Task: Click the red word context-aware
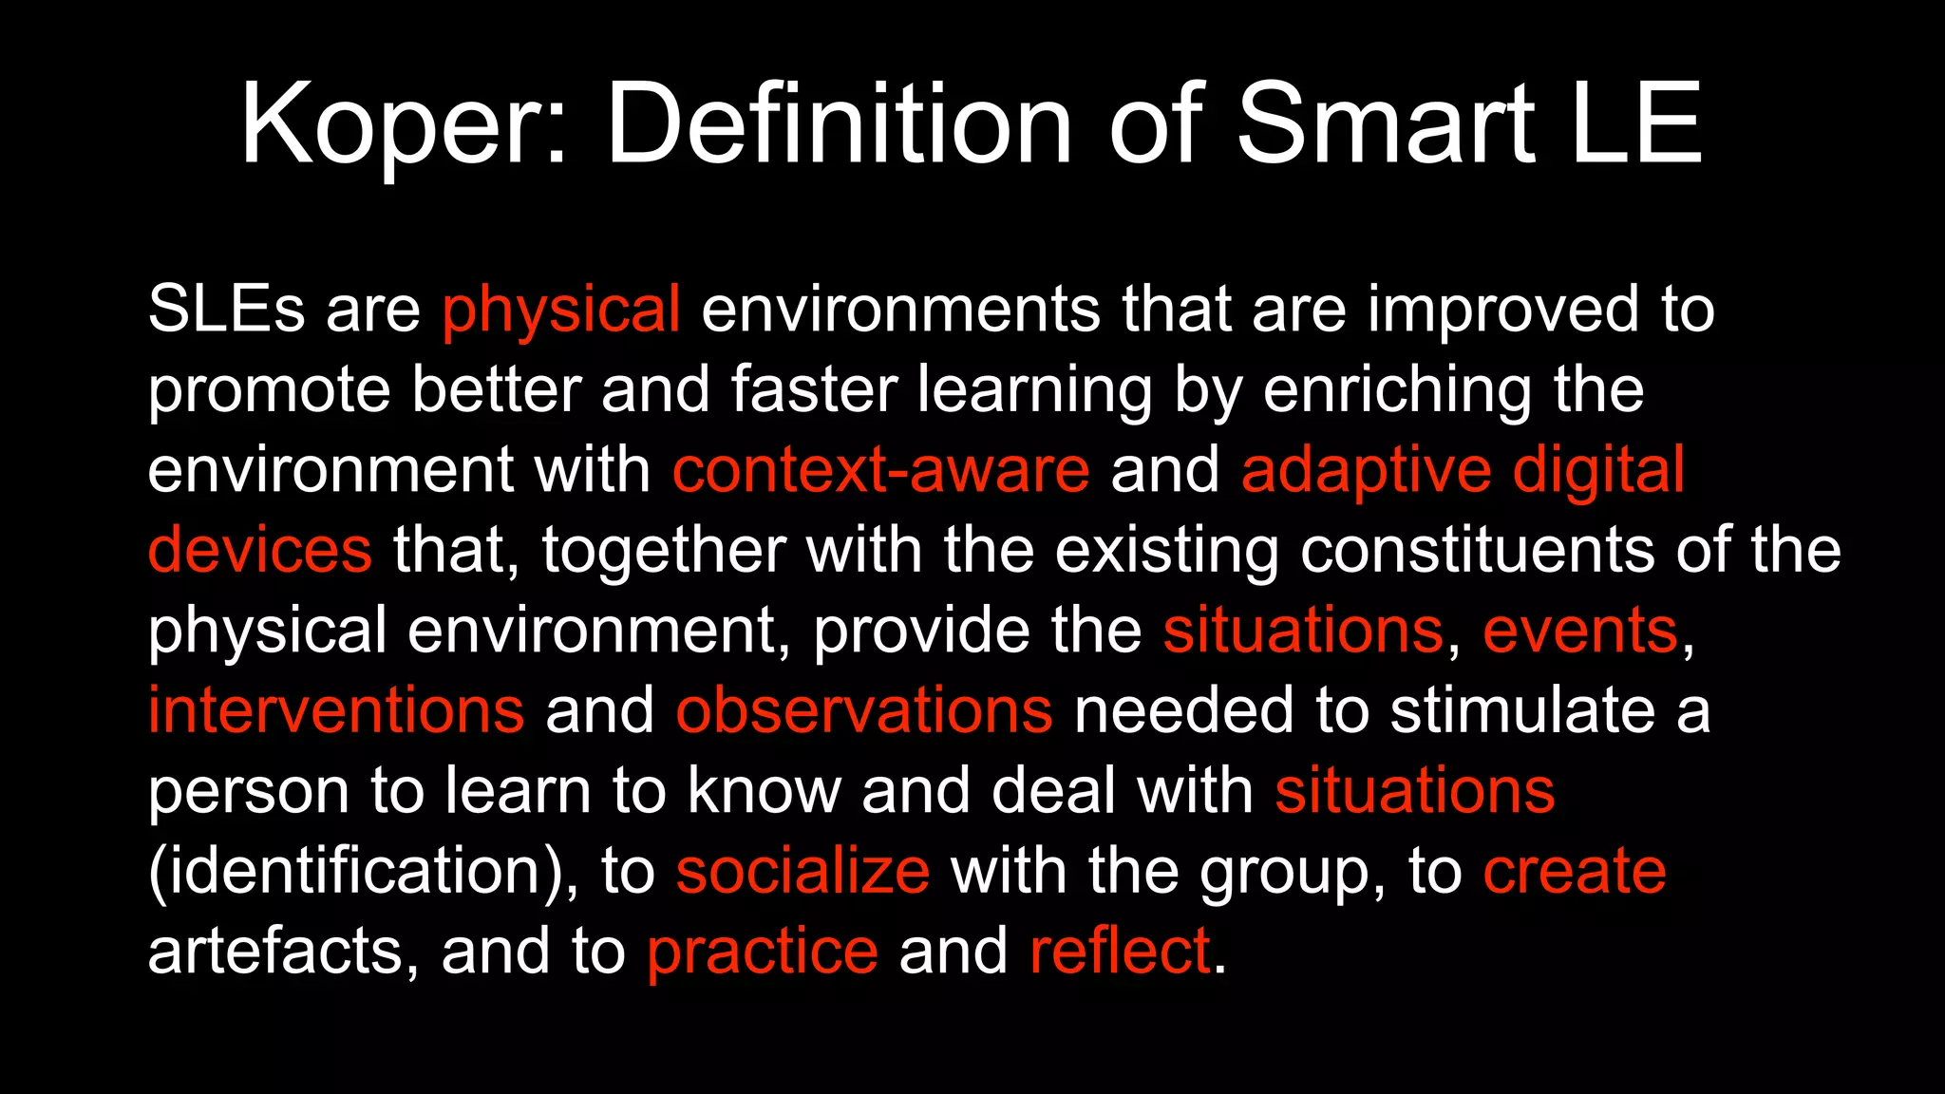coord(880,470)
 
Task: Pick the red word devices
coord(259,551)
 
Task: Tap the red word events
coord(1580,631)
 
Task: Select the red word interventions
coord(336,710)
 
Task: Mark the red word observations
coord(864,710)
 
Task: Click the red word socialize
coord(803,871)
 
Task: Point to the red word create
coord(1575,871)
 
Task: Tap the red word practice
coord(763,951)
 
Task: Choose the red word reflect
coord(1121,951)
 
